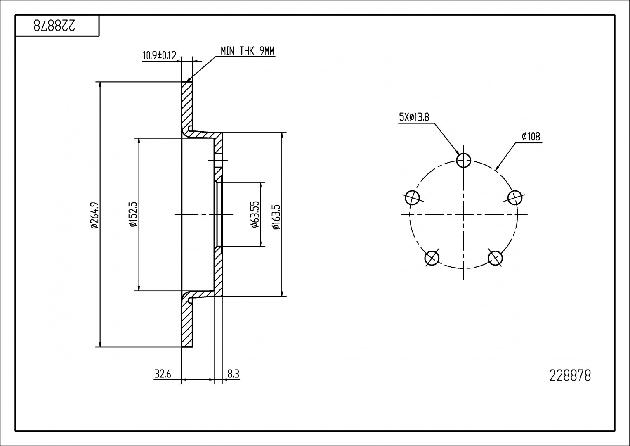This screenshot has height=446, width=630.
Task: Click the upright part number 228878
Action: (570, 376)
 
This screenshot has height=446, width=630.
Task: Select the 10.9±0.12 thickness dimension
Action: (159, 56)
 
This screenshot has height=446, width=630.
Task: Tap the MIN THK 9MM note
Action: (247, 51)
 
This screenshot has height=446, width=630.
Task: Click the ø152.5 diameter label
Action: (132, 215)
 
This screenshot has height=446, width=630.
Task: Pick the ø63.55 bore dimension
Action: (255, 215)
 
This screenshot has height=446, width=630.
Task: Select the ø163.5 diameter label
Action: (276, 215)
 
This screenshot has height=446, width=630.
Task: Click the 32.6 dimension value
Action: (163, 374)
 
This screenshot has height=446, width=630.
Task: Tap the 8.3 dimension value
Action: (233, 374)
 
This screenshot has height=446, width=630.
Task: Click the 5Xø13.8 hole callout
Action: (414, 117)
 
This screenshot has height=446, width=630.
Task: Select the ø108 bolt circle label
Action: (531, 137)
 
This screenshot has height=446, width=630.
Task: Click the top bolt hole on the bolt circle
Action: (464, 160)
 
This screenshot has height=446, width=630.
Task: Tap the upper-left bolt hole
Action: (412, 197)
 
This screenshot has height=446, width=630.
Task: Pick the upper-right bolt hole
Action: (515, 197)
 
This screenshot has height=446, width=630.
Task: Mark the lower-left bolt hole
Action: (432, 258)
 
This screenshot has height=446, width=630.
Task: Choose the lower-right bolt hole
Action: (495, 258)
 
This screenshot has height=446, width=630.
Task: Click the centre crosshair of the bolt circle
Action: (464, 214)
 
